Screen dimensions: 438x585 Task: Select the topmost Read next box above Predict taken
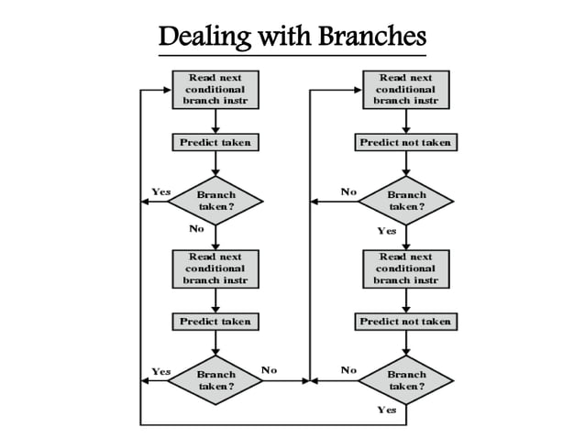(x=215, y=90)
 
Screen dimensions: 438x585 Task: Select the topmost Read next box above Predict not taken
(x=405, y=90)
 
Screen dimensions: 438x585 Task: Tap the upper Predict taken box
(x=215, y=143)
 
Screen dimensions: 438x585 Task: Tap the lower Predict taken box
(x=215, y=322)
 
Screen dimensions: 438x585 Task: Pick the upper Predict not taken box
(x=405, y=143)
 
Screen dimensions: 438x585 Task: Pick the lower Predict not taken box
(x=405, y=322)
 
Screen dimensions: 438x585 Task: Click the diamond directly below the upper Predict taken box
(x=215, y=201)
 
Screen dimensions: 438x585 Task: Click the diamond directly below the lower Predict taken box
(x=215, y=380)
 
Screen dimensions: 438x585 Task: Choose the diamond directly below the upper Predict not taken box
(x=405, y=201)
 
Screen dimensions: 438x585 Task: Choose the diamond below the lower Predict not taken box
(x=405, y=380)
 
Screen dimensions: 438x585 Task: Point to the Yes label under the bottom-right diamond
(x=387, y=410)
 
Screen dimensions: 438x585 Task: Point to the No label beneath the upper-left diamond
(x=196, y=229)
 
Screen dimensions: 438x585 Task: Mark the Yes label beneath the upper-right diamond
(x=387, y=231)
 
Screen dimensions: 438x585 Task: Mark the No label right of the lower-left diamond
(x=269, y=370)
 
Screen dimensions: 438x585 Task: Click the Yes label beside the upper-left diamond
(x=160, y=192)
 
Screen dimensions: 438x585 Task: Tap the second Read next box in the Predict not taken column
(x=405, y=268)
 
